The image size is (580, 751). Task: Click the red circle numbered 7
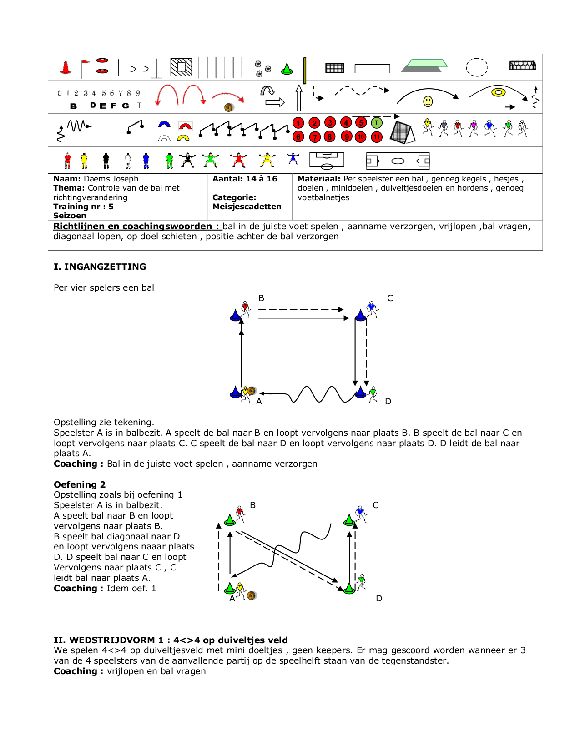(314, 137)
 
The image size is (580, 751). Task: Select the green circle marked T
(377, 123)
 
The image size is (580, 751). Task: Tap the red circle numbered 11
(377, 137)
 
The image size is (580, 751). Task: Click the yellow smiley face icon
(428, 101)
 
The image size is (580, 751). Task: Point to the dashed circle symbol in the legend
(477, 67)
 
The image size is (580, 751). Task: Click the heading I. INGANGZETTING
(100, 267)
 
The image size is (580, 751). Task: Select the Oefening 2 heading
(80, 484)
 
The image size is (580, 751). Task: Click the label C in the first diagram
(390, 298)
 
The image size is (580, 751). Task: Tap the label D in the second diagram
(379, 599)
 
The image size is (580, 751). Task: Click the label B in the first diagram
(261, 298)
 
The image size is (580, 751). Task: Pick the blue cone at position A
(235, 392)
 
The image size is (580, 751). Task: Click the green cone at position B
(230, 520)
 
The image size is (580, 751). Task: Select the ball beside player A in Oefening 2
(252, 595)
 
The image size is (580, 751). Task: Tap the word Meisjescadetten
(247, 207)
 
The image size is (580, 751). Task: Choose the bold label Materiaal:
(319, 179)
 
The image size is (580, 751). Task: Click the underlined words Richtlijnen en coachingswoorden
(132, 227)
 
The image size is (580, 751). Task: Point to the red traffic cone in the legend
(66, 68)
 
